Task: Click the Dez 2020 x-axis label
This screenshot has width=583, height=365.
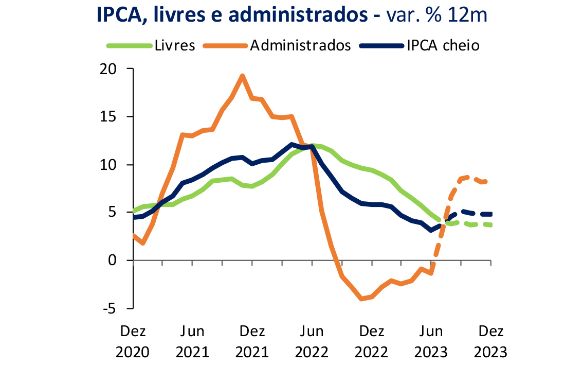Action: coord(133,341)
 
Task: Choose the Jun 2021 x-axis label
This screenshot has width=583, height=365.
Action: coord(192,341)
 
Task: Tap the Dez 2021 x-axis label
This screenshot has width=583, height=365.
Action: coord(252,341)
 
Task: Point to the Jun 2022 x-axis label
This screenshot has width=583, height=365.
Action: coord(312,341)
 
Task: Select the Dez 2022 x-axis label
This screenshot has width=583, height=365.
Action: coord(371,341)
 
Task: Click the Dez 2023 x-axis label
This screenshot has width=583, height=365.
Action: coord(490,341)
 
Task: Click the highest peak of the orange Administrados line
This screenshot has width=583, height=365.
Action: coord(242,76)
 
